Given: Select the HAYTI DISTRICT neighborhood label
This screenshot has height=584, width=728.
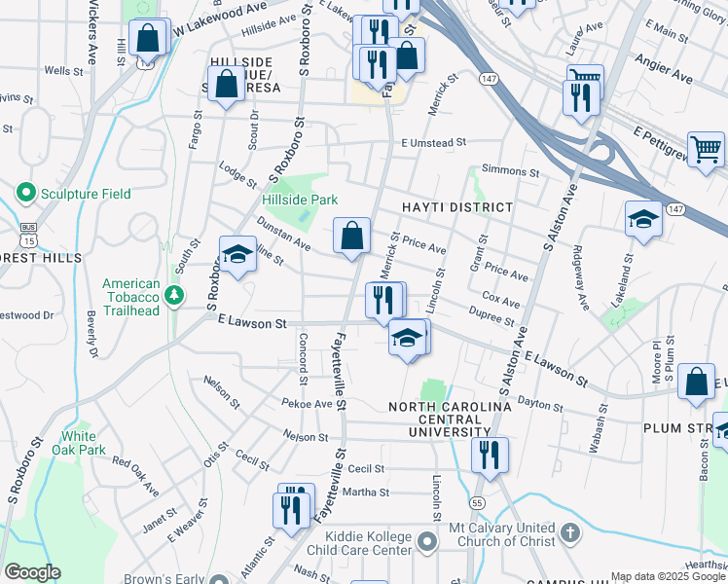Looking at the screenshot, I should [456, 207].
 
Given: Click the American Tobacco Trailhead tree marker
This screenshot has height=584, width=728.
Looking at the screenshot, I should [174, 293].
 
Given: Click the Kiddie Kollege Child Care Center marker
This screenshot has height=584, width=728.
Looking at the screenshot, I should [426, 539].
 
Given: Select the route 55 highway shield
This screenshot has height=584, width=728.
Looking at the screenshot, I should [476, 502].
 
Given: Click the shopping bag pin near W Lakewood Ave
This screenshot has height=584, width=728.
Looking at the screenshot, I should [148, 39].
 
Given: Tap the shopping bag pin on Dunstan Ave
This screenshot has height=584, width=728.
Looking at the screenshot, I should [351, 236].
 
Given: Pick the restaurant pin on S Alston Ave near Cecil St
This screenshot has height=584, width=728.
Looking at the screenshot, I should [490, 454].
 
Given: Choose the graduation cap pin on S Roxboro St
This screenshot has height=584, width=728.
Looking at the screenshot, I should [237, 255].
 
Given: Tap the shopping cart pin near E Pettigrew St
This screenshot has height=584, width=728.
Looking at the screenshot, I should [706, 150].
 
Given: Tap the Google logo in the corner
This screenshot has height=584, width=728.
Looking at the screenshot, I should [32, 572].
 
